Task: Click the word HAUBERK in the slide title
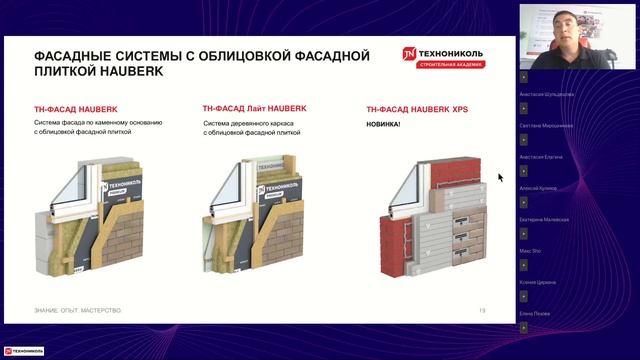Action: pyautogui.click(x=124, y=72)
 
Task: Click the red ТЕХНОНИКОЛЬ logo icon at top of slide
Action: pyautogui.click(x=409, y=55)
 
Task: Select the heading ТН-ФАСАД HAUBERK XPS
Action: pyautogui.click(x=417, y=108)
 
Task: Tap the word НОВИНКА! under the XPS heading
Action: pyautogui.click(x=383, y=124)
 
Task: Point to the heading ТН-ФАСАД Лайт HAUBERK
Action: pyautogui.click(x=254, y=108)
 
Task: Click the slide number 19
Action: pyautogui.click(x=482, y=311)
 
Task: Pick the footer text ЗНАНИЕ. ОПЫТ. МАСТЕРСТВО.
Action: pyautogui.click(x=77, y=311)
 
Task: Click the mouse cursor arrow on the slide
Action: pyautogui.click(x=501, y=177)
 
